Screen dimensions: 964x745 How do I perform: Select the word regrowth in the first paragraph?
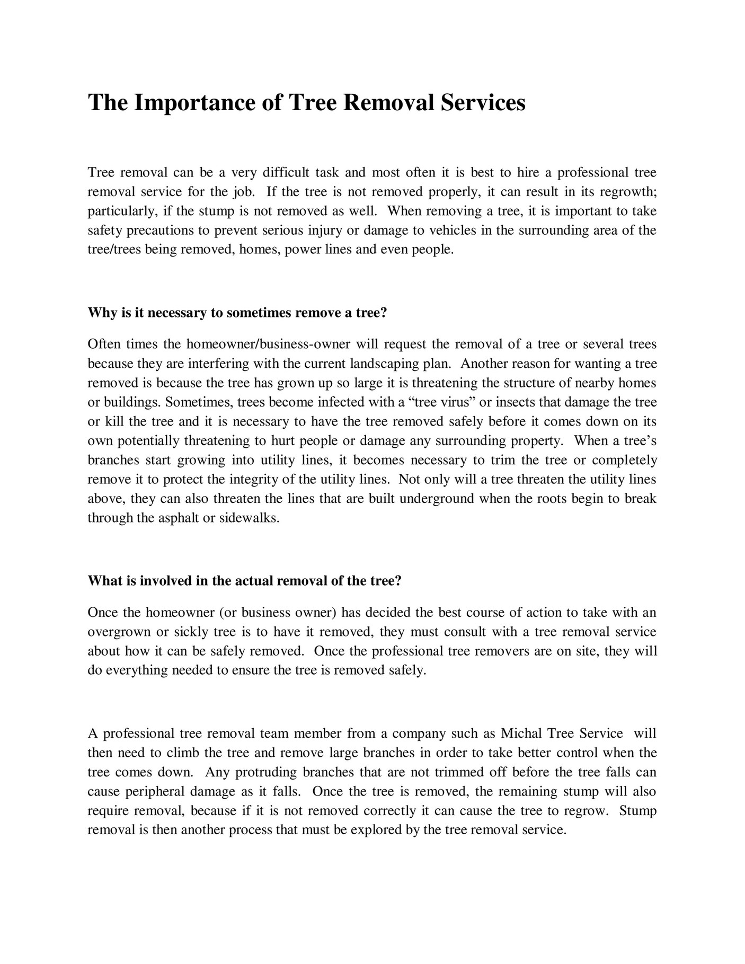pos(627,192)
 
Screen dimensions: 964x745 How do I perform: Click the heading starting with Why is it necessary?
pos(237,313)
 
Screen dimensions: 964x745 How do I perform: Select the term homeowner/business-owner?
pos(268,344)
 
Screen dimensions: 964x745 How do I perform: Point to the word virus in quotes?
pos(456,402)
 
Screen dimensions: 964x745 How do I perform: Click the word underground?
pos(438,499)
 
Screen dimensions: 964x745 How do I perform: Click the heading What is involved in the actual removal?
pos(245,581)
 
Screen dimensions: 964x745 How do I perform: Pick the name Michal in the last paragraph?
pos(521,734)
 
